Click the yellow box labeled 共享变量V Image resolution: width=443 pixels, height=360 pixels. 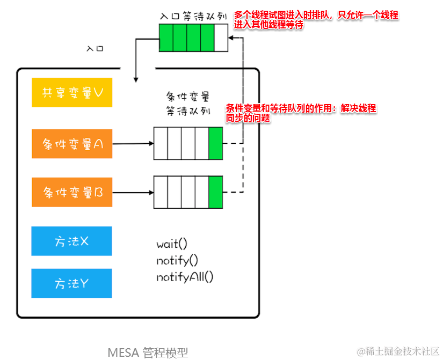pyautogui.click(x=72, y=92)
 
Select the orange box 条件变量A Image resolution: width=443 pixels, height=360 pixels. pyautogui.click(x=72, y=144)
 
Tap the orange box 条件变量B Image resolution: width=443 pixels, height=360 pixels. pyautogui.click(x=72, y=192)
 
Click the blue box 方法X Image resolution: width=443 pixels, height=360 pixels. pyautogui.click(x=72, y=241)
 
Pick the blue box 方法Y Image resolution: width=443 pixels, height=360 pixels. pyautogui.click(x=72, y=283)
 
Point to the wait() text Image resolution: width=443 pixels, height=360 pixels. pyautogui.click(x=172, y=244)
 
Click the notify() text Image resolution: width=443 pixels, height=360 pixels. pyautogui.click(x=177, y=261)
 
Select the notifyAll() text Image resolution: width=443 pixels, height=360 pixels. pyautogui.click(x=185, y=277)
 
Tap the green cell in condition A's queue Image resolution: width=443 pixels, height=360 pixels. pyautogui.click(x=215, y=143)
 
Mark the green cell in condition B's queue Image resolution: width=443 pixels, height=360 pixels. pyautogui.click(x=215, y=192)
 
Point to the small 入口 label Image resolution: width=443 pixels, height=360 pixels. pyautogui.click(x=95, y=48)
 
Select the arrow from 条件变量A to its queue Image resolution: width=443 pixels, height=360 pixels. pyautogui.click(x=133, y=144)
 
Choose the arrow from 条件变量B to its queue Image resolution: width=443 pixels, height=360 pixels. pyautogui.click(x=133, y=192)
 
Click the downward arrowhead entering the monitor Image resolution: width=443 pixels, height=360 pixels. pyautogui.click(x=135, y=78)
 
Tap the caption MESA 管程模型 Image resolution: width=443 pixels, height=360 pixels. pyautogui.click(x=148, y=352)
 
